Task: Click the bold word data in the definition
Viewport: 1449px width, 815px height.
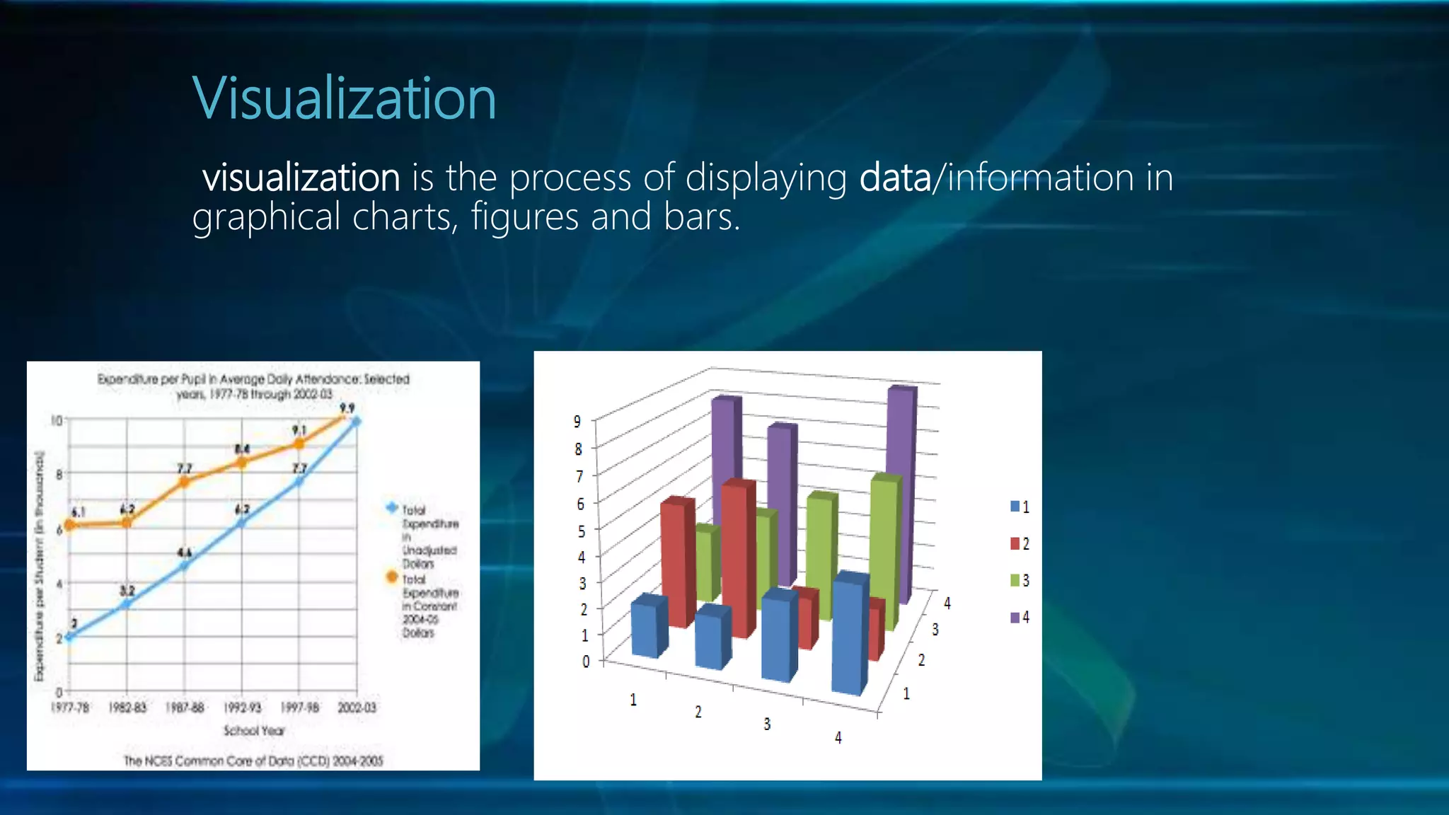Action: [x=894, y=177]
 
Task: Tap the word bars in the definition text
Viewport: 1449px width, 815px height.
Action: [x=700, y=216]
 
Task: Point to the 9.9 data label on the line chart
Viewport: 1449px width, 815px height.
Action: [x=347, y=408]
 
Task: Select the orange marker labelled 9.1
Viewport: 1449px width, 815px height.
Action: [x=299, y=444]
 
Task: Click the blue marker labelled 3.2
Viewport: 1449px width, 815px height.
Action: [x=127, y=604]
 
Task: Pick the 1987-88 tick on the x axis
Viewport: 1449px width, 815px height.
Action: [x=185, y=707]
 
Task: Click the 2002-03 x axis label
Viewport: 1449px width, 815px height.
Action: [x=357, y=707]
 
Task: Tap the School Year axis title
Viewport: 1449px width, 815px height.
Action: [x=254, y=730]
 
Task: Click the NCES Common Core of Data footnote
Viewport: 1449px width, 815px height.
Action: [x=253, y=761]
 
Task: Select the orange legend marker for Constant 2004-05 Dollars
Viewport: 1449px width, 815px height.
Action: [x=391, y=577]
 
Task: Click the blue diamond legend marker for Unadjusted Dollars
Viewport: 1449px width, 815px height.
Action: [x=391, y=508]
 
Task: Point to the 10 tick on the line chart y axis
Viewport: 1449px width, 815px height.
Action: [x=57, y=420]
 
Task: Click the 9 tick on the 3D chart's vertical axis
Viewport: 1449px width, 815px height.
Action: [x=577, y=422]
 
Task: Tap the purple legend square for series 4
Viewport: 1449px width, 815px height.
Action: [x=1015, y=618]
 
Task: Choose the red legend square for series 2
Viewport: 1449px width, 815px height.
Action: [x=1015, y=543]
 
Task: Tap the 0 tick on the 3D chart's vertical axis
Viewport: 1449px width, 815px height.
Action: [x=586, y=661]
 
